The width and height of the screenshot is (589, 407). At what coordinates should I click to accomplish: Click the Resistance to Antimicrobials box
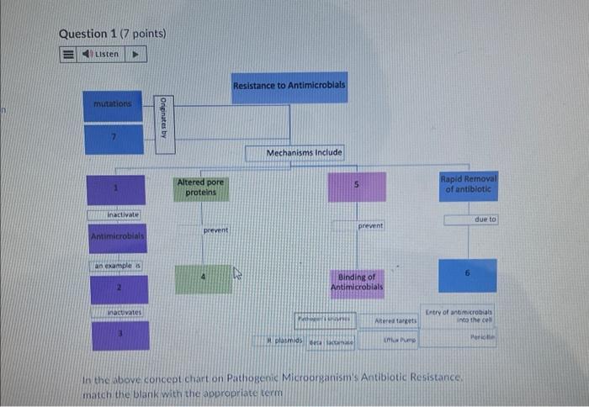[289, 87]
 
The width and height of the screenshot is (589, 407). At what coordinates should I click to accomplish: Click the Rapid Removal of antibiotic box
[469, 184]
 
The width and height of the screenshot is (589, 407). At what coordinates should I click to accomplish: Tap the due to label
[486, 219]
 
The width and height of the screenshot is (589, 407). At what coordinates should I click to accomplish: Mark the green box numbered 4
[203, 278]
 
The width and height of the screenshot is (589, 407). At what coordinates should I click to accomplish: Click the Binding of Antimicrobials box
[358, 281]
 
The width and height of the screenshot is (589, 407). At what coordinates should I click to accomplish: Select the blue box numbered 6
[468, 275]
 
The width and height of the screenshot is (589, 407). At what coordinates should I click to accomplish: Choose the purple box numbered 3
[119, 335]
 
